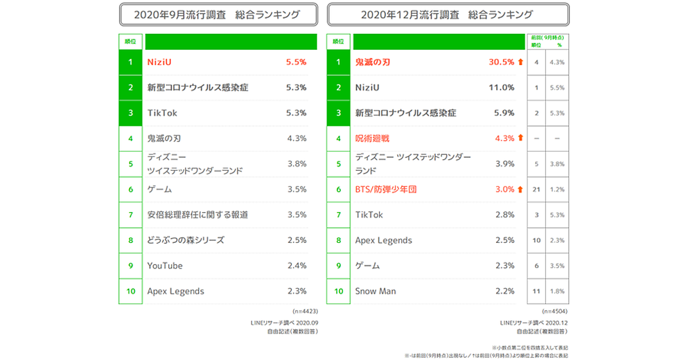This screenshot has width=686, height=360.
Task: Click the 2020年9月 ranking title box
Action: coord(218,15)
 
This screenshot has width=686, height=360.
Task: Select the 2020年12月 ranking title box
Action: coord(448,15)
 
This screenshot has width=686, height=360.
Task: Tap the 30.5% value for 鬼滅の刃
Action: coord(501,62)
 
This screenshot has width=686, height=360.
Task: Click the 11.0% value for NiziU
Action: coord(501,87)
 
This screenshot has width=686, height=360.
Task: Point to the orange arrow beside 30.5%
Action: coord(520,62)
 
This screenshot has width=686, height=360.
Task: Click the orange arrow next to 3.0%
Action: coord(520,189)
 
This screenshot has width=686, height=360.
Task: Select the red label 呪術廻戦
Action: coord(372,138)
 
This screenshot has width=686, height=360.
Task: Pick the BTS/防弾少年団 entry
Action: coord(386,189)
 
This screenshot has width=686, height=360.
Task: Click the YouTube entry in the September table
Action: coord(165,266)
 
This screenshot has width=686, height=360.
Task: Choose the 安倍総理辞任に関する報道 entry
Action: coord(197,215)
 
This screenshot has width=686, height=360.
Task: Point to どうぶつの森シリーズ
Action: coord(186,240)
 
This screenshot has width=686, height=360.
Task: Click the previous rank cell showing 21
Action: coord(536,189)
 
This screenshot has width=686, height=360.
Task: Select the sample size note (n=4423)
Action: coord(305,312)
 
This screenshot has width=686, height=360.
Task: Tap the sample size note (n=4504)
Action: coord(556,312)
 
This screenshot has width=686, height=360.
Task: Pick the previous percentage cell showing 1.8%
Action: coord(557,291)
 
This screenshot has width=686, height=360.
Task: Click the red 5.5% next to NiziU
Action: coord(296,62)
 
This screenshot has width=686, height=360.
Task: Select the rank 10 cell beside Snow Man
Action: coord(339,291)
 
